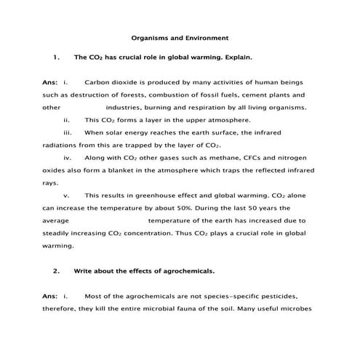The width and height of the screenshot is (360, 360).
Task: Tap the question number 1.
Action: [x=56, y=56]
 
